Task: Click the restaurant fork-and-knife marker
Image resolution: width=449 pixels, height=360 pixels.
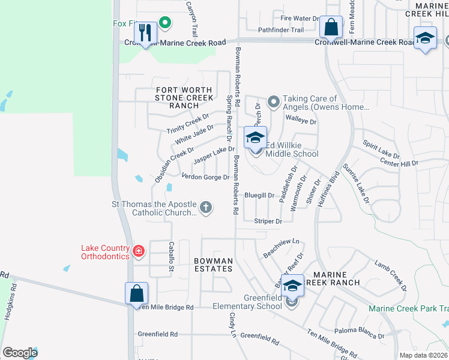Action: pos(145,33)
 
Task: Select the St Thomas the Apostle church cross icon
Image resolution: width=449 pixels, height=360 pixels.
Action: pos(205,208)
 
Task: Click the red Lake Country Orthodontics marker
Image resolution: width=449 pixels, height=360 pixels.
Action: pos(139,251)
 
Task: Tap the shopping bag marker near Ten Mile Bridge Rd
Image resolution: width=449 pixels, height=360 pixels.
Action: pos(136,293)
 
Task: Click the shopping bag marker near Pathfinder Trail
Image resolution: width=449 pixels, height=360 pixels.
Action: pos(330,27)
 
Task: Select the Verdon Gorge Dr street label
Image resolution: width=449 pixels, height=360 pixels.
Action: pos(205,177)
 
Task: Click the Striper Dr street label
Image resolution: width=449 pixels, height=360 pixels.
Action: pos(268,221)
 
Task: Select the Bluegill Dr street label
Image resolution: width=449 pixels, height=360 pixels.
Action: pos(259,195)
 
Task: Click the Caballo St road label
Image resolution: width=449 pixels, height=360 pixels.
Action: pos(171,256)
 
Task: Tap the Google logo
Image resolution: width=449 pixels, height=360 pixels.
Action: pos(20,352)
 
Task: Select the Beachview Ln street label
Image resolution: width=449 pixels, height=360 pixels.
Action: pos(281,250)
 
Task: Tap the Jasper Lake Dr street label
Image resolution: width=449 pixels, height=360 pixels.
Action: pos(214,155)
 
